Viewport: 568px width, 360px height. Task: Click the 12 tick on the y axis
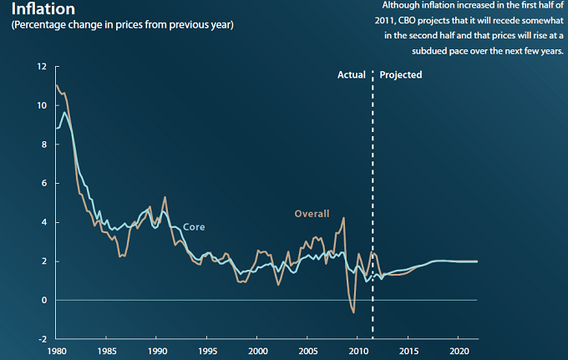[40, 67]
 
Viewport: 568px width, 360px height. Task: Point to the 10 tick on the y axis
[40, 105]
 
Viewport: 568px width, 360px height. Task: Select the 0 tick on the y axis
[43, 300]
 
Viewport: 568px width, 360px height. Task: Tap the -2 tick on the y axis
[40, 339]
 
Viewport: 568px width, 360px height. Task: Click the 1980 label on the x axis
[57, 350]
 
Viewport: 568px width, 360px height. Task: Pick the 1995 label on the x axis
[208, 350]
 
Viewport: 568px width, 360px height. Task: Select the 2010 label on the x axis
[359, 350]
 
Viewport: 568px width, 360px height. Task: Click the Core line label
[194, 227]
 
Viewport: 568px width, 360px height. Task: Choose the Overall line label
[312, 214]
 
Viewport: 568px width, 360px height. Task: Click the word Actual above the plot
[352, 75]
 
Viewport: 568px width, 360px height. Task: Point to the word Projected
[401, 75]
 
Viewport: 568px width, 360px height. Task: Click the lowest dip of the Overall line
[353, 312]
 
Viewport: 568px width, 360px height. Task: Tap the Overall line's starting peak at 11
[57, 86]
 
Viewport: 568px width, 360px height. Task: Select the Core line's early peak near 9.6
[65, 113]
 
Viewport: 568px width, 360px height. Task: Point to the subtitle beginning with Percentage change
[122, 25]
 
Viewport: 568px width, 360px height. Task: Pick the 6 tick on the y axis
[43, 183]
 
